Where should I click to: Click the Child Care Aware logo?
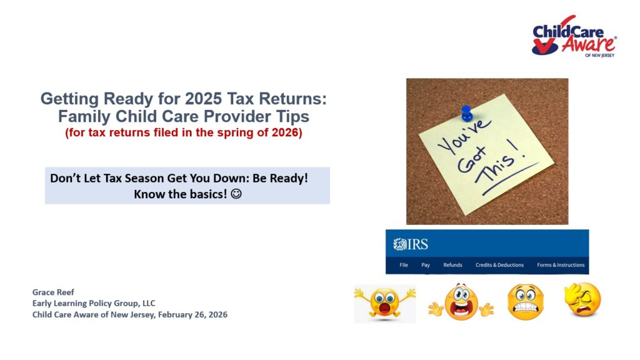[x=574, y=36]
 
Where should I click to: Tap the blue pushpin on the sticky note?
[x=466, y=113]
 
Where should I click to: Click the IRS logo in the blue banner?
[x=411, y=244]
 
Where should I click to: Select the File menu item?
[x=404, y=265]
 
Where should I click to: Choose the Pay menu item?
[x=426, y=265]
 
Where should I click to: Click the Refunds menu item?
[x=452, y=265]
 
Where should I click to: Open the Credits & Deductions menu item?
[x=499, y=265]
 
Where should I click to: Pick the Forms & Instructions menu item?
[x=561, y=265]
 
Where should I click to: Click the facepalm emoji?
[x=582, y=300]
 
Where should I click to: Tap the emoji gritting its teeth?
[x=525, y=302]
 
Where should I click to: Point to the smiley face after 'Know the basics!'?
[x=236, y=194]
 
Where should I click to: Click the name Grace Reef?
[x=53, y=292]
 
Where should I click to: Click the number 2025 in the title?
[x=203, y=99]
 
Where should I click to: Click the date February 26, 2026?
[x=192, y=315]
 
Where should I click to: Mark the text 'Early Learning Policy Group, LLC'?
[x=94, y=303]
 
